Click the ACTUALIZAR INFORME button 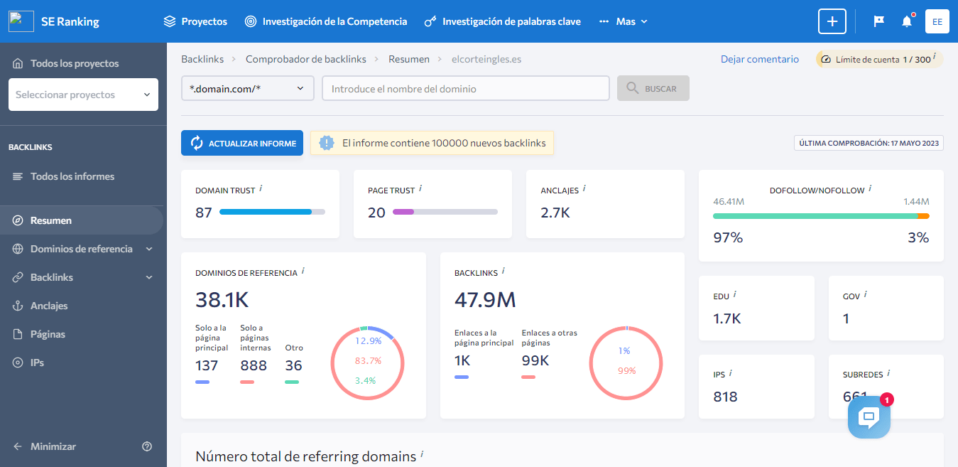(x=242, y=143)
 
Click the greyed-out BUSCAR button (x=653, y=89)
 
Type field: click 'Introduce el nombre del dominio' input (x=465, y=89)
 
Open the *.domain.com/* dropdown (x=247, y=89)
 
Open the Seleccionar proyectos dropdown (x=83, y=95)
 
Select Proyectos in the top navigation (x=195, y=21)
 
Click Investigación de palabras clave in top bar (x=502, y=21)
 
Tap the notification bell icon (x=907, y=21)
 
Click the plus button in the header (x=832, y=21)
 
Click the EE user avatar (x=937, y=21)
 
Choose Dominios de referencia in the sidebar (x=81, y=249)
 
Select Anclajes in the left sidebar (x=49, y=306)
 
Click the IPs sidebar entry (x=37, y=363)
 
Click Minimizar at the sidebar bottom (x=53, y=446)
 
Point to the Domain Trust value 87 (x=204, y=212)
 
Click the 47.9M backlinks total (x=485, y=300)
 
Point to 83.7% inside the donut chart (x=368, y=360)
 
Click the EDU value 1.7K (x=727, y=318)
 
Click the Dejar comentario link (x=759, y=59)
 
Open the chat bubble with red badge (x=869, y=417)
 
